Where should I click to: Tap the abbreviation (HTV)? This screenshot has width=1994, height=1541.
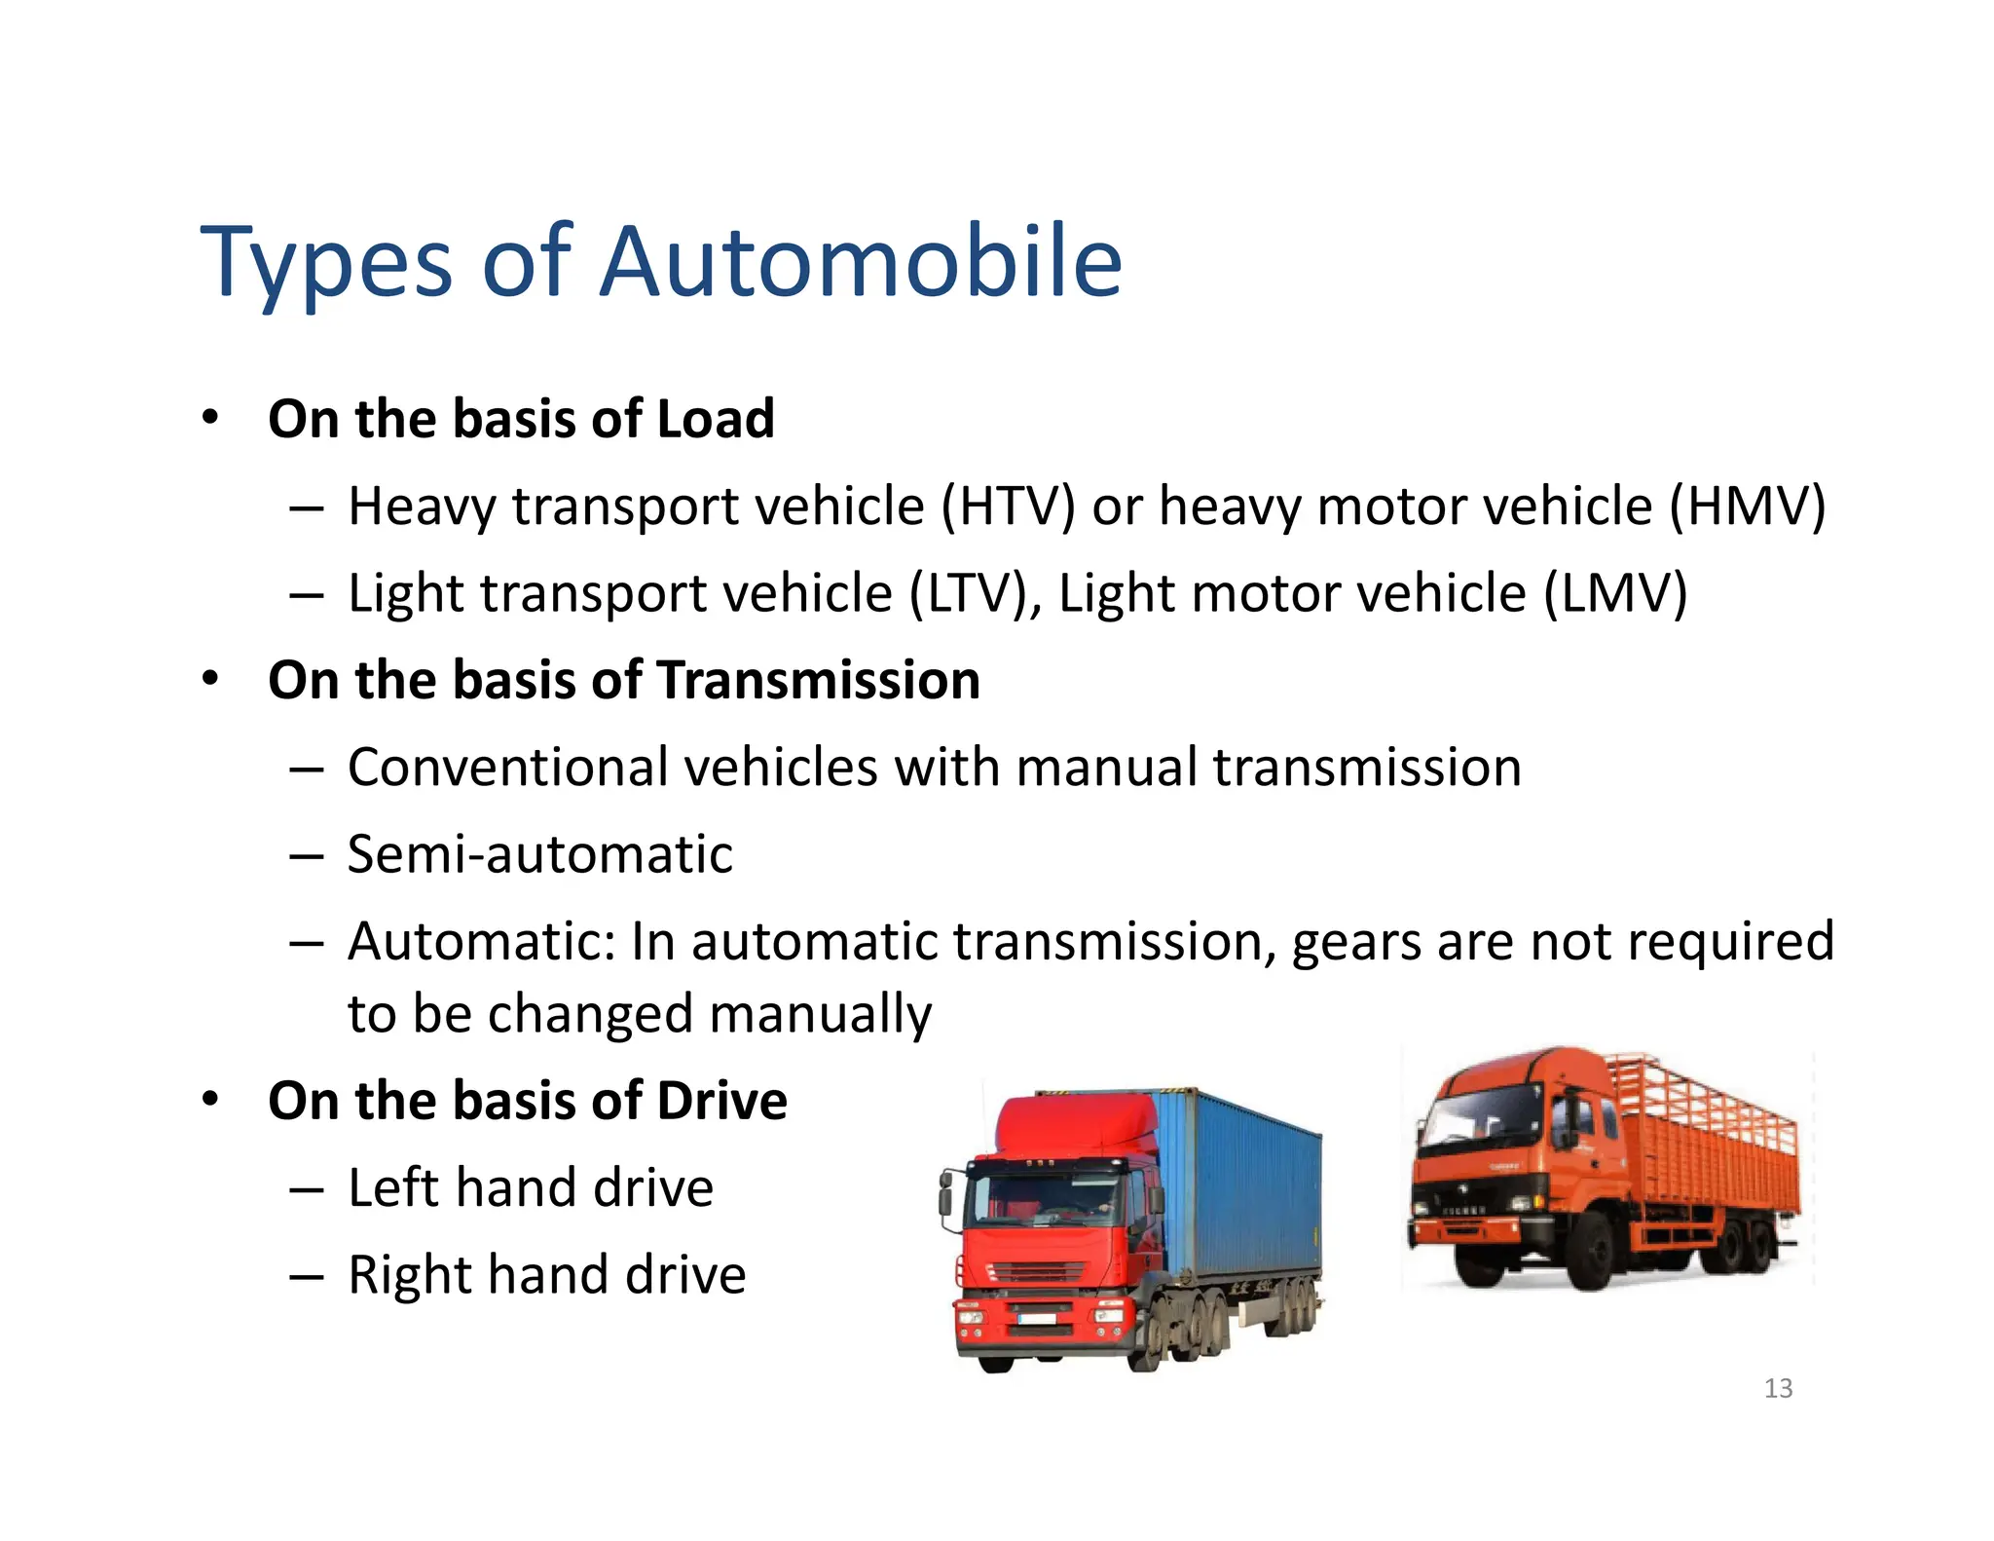(1007, 507)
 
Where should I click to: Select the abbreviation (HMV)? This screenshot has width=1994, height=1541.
(1747, 507)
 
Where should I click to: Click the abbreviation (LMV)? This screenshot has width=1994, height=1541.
(1615, 593)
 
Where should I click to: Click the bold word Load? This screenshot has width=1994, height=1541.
(716, 419)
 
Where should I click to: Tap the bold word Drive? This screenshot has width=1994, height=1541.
(721, 1101)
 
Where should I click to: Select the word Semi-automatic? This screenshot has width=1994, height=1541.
(539, 854)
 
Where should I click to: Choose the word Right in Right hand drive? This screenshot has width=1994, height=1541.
(409, 1275)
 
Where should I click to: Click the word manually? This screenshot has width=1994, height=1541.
(820, 1015)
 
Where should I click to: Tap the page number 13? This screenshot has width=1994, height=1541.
(1778, 1388)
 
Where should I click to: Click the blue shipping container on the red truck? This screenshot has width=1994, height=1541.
(1246, 1188)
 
